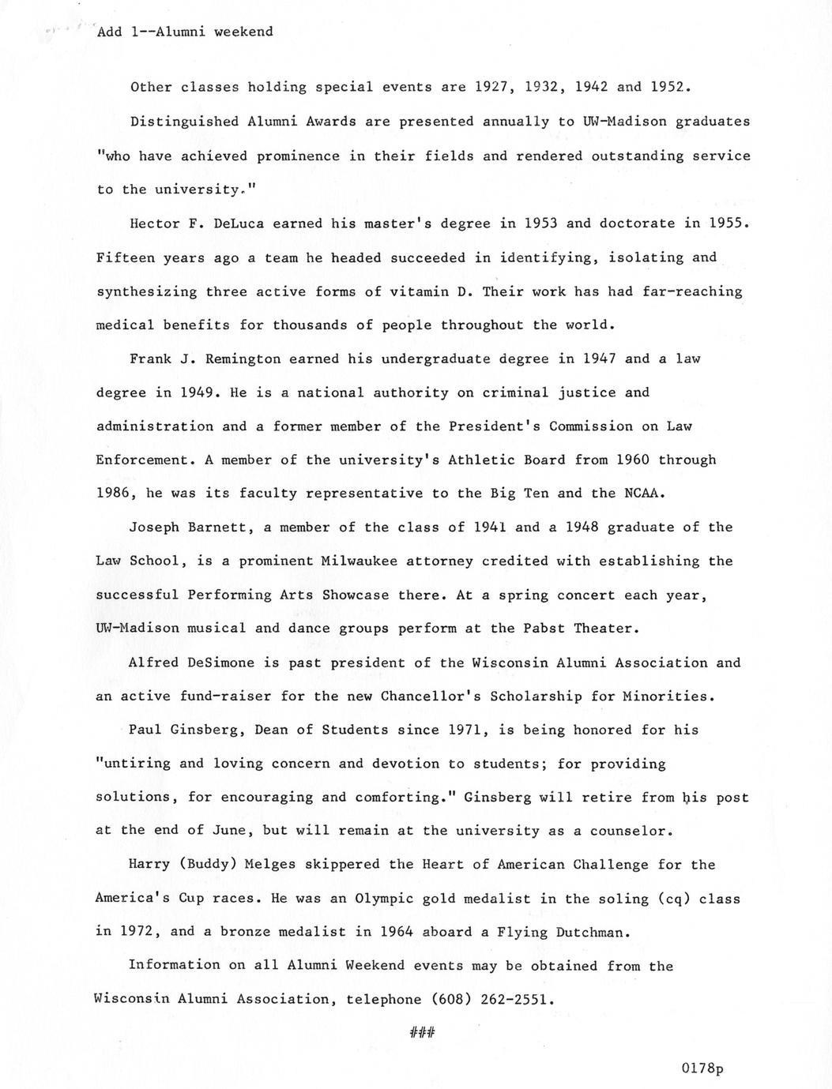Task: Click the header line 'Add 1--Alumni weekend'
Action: point(184,32)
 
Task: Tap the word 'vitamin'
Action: point(419,291)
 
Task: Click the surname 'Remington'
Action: point(242,359)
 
